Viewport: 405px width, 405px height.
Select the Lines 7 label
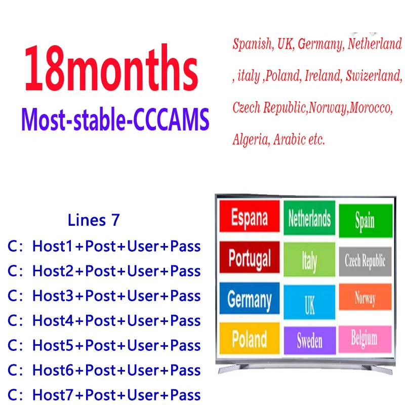click(x=94, y=221)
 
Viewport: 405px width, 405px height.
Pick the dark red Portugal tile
click(x=249, y=258)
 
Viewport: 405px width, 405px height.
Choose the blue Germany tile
click(x=249, y=299)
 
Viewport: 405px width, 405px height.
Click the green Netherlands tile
click(x=309, y=218)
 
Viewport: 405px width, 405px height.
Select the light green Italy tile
click(x=309, y=260)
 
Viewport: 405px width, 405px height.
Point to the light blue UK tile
click(x=309, y=303)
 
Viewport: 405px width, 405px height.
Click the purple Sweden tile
click(x=309, y=340)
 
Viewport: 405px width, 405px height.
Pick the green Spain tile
click(x=364, y=221)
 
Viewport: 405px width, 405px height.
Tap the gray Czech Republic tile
click(x=364, y=261)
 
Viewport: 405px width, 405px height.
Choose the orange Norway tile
click(x=364, y=298)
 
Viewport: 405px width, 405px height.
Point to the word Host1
click(x=53, y=247)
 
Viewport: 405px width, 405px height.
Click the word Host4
click(x=53, y=320)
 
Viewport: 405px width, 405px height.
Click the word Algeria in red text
click(x=250, y=139)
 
